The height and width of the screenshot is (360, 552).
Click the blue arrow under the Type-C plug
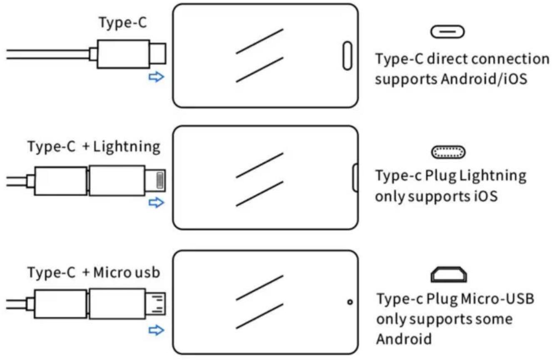click(156, 77)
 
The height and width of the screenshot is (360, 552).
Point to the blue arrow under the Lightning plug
click(156, 203)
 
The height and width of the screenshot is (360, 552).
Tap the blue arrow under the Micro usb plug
click(156, 330)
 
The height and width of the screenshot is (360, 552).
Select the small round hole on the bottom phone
click(350, 302)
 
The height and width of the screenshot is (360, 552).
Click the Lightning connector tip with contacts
click(155, 180)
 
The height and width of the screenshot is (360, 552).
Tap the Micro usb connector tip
click(156, 303)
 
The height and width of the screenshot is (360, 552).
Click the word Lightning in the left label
click(127, 147)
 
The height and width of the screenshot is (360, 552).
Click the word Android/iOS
click(484, 79)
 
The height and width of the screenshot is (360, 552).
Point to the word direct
click(447, 59)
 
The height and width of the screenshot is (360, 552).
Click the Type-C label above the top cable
click(123, 22)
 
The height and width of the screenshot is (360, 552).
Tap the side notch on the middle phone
click(356, 177)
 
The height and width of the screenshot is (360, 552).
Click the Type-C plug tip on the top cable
click(158, 54)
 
